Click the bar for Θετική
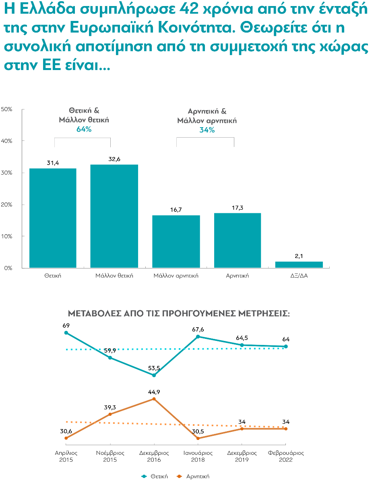[x=53, y=218]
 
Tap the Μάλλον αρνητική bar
[x=176, y=242]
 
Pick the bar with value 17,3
[x=238, y=240]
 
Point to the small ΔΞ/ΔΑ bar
[x=299, y=264]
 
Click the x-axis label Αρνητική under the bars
[x=238, y=276]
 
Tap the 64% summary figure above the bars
[x=84, y=130]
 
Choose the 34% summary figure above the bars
[x=207, y=130]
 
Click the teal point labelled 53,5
[x=154, y=375]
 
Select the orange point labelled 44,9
[x=154, y=399]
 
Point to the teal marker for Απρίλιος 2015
[x=66, y=333]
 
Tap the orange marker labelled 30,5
[x=198, y=438]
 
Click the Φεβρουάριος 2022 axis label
[x=286, y=456]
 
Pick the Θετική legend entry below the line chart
[x=155, y=476]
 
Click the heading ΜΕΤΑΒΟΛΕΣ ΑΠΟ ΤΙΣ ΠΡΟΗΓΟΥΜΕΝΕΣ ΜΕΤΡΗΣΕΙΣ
[x=179, y=314]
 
